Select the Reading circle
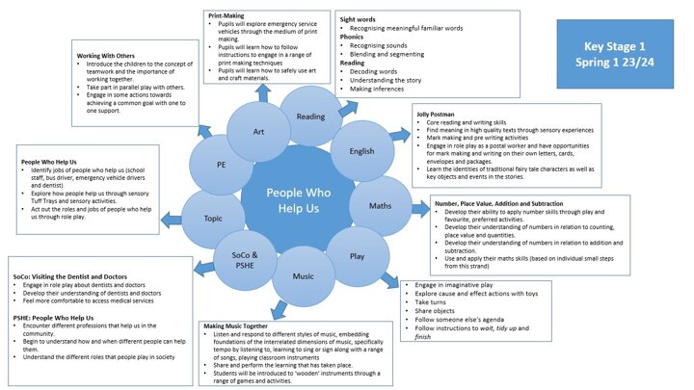310,117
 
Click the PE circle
221,164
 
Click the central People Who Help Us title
292,197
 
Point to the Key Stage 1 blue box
614,54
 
